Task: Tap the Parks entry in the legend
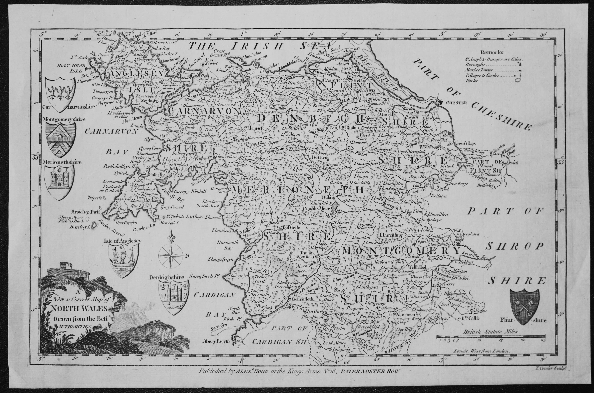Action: (471, 81)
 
